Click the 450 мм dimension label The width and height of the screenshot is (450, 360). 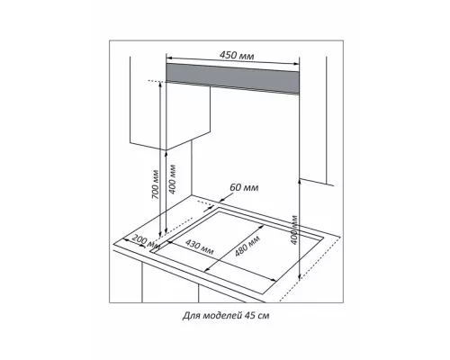pos(237,56)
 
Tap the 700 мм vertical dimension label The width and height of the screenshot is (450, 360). pos(155,184)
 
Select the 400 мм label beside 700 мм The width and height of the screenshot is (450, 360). pos(172,179)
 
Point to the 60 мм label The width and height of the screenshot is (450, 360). pos(244,188)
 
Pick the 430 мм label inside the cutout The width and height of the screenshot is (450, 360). pos(199,247)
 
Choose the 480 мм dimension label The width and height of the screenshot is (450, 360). pos(247,246)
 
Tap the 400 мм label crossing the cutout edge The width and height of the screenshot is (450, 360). pos(294,229)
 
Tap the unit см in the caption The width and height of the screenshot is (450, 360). pos(264,316)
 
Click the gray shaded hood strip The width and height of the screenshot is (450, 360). pos(232,78)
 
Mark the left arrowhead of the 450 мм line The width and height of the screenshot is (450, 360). pos(168,58)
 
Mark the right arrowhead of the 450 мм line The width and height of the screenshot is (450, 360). pos(296,64)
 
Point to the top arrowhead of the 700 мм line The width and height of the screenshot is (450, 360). pos(160,84)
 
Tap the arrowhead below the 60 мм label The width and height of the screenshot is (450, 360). pos(221,201)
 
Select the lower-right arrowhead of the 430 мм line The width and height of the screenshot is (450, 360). pos(274,280)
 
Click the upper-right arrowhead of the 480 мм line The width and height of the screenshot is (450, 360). pos(262,226)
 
